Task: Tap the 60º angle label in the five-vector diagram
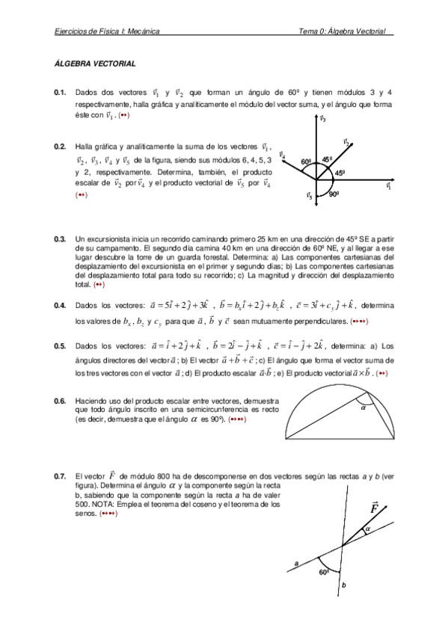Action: point(306,161)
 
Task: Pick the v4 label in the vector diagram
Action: point(281,155)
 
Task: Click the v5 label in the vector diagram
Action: point(309,197)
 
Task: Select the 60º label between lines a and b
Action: point(324,572)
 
